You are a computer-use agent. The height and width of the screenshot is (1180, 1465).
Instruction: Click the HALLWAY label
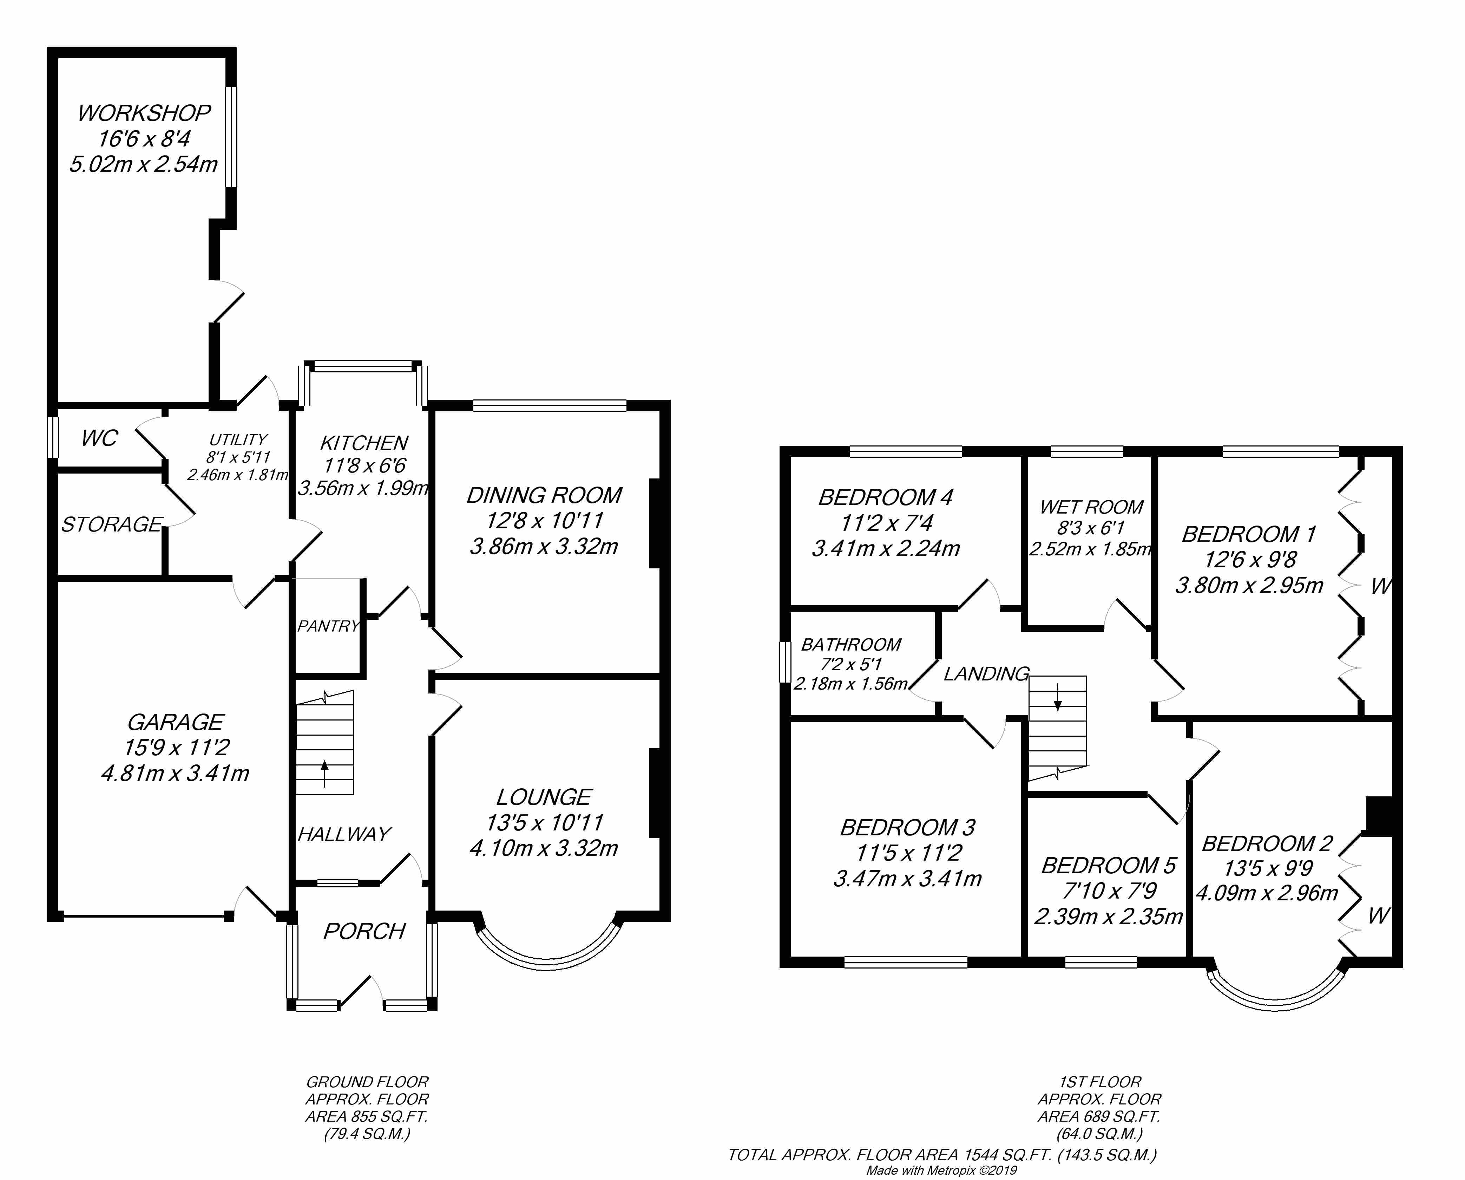point(344,834)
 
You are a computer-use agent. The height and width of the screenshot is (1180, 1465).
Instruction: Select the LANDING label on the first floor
point(986,673)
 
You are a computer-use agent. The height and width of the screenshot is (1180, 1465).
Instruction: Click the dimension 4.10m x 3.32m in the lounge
point(544,848)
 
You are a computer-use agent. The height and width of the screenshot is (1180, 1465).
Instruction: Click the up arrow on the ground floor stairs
point(324,774)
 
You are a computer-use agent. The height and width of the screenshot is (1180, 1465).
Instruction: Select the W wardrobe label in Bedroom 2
point(1378,916)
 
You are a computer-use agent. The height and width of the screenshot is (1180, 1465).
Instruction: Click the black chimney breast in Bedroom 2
point(1379,816)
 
